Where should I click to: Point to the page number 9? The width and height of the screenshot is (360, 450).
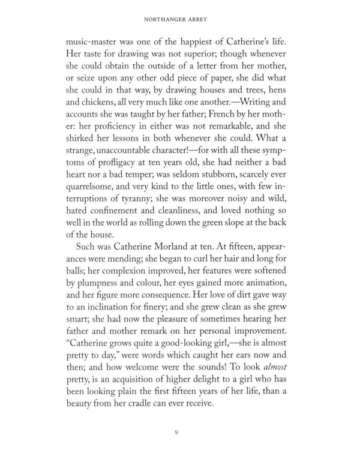[180, 430]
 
